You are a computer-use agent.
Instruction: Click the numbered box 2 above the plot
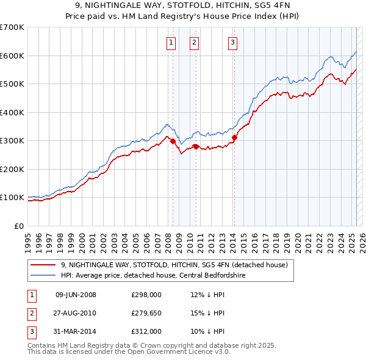point(194,42)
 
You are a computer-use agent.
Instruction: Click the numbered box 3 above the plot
point(233,42)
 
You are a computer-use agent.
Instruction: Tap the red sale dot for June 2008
point(173,142)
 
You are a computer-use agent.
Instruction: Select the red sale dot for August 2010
point(196,146)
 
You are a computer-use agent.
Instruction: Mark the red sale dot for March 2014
point(234,137)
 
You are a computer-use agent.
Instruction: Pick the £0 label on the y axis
point(20,226)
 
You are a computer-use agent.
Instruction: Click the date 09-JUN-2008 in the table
point(76,295)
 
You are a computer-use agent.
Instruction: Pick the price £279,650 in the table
point(146,313)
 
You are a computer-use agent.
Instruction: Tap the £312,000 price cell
point(146,331)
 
